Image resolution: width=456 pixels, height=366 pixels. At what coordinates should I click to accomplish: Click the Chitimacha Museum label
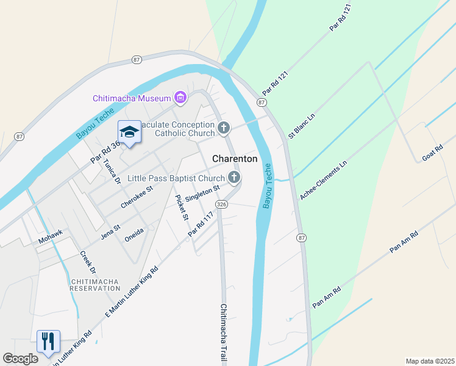[132, 98]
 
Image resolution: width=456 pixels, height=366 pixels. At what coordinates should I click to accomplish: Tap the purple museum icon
[180, 98]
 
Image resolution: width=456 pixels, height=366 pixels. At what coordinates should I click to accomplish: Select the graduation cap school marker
[129, 132]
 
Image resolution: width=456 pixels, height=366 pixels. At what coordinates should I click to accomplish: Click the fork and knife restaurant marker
[48, 341]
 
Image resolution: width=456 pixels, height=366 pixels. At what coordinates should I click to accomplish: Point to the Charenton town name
[235, 159]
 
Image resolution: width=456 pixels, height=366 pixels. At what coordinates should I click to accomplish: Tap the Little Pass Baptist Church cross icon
[234, 178]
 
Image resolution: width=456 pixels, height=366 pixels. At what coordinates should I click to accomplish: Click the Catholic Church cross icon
[224, 129]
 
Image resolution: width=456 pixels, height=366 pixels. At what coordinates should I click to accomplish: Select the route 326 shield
[222, 205]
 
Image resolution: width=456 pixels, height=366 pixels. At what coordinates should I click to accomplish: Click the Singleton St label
[202, 195]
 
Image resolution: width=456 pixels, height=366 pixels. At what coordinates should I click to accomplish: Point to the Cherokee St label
[136, 198]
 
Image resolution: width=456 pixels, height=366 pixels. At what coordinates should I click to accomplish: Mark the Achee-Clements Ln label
[323, 181]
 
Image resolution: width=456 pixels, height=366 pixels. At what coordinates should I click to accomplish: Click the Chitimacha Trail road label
[224, 333]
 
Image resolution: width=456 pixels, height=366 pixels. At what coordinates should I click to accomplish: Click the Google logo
[20, 359]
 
